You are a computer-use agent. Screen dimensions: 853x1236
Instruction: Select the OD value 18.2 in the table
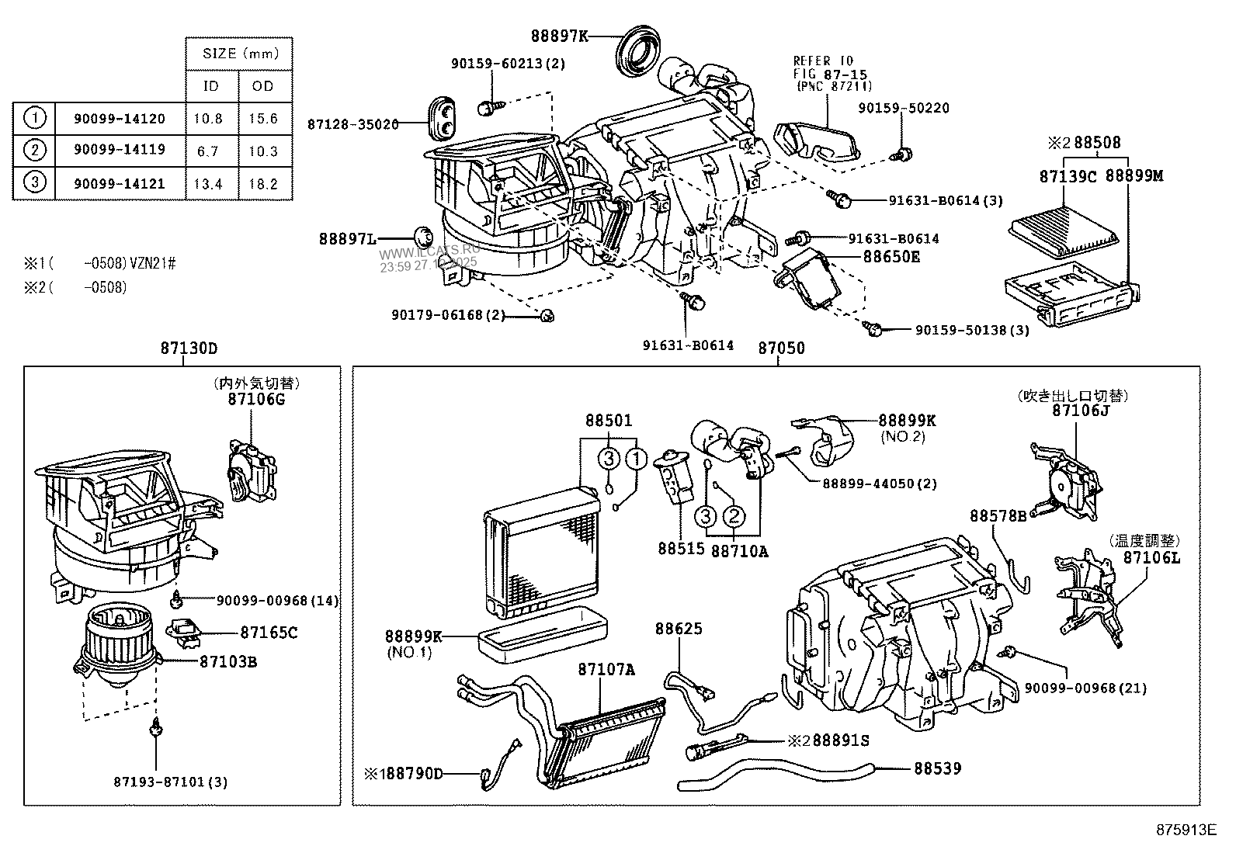coord(263,184)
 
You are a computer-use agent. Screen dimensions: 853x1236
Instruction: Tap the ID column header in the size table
coord(210,85)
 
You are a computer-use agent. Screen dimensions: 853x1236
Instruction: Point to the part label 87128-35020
coord(352,124)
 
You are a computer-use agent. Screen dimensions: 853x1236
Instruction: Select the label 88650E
coord(891,256)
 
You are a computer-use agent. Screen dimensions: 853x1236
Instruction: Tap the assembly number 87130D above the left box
coord(189,348)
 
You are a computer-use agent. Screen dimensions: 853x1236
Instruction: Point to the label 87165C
coord(268,633)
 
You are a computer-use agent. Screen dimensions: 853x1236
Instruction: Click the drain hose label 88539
coord(936,768)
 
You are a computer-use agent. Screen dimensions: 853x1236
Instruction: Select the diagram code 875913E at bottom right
coord(1185,830)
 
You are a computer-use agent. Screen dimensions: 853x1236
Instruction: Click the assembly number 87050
coord(781,348)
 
